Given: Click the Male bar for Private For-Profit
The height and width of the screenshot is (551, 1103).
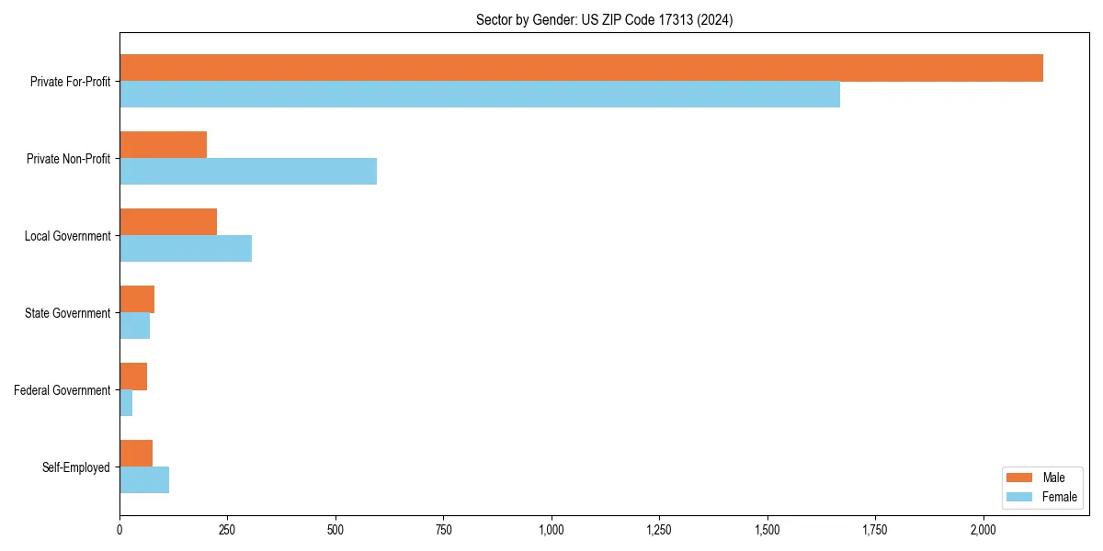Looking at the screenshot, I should (x=581, y=68).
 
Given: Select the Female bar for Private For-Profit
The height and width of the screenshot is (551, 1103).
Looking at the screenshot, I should (x=480, y=94).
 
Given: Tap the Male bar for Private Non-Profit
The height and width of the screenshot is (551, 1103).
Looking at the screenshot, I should (x=163, y=145).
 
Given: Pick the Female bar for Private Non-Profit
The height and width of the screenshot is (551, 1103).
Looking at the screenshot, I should (x=248, y=171).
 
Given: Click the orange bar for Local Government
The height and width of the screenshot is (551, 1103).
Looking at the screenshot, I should (x=168, y=222).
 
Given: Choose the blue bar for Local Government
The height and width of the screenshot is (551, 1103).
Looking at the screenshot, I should (x=186, y=248).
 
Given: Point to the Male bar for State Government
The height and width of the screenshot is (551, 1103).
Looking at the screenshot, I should (x=137, y=299).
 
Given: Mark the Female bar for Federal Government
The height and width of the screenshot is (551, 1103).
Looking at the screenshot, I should (x=126, y=402).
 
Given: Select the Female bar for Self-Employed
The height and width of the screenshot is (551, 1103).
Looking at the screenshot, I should (x=144, y=479).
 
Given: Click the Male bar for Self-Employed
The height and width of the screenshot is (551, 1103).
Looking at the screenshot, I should (x=136, y=454).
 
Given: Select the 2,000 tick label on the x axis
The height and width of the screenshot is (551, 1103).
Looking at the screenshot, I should (x=983, y=530).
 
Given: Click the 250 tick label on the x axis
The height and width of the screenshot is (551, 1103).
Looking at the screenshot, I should (x=227, y=530).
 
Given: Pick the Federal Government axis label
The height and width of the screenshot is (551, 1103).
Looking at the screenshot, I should (x=63, y=390).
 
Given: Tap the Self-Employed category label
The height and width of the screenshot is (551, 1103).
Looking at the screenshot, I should (x=76, y=467).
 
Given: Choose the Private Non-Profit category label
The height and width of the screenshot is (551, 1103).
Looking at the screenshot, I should (x=68, y=159).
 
